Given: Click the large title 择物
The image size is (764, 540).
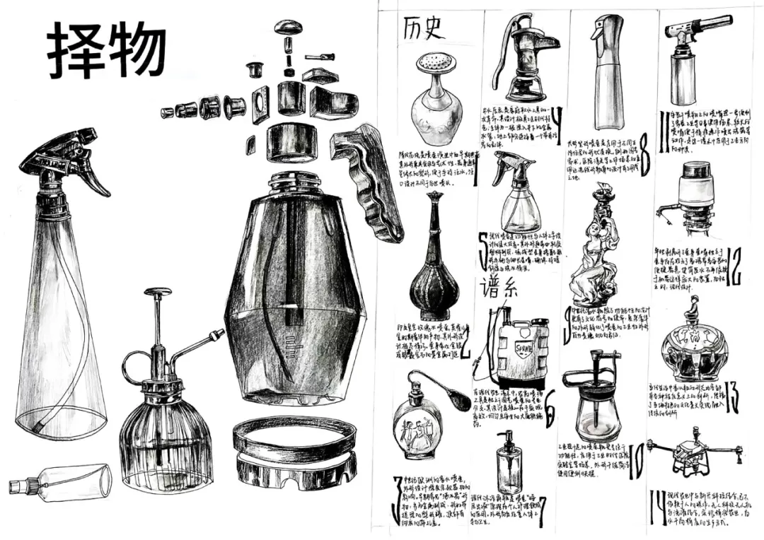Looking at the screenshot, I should pos(106,51).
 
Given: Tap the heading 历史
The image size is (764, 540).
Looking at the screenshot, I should pos(423,29).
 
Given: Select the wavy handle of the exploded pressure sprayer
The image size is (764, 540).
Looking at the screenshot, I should pos(368,181).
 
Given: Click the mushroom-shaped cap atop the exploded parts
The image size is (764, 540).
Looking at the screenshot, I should pos(289,28).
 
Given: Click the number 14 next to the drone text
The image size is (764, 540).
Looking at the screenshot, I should pos(656,503).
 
